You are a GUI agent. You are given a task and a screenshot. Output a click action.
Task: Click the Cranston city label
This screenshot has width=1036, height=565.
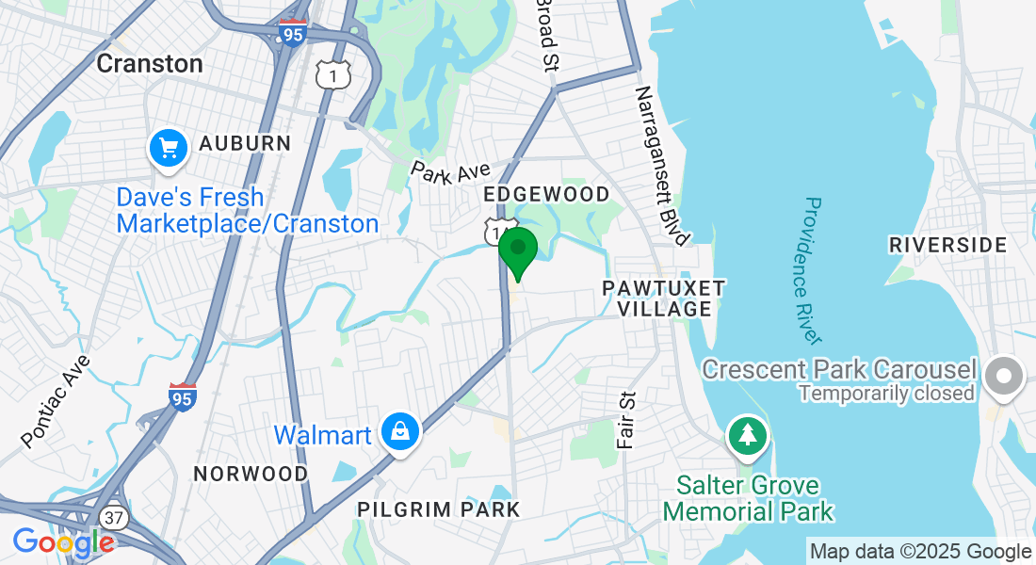[x=151, y=63]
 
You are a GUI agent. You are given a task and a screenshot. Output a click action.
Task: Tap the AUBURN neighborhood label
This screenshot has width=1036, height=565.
[x=245, y=143]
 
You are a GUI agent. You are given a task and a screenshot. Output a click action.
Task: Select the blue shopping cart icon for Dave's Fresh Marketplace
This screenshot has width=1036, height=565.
[x=169, y=149]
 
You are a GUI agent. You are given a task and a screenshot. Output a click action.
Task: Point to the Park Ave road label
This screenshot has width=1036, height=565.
[x=450, y=172]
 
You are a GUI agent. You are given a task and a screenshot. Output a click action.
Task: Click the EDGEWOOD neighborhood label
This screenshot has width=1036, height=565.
[x=545, y=194]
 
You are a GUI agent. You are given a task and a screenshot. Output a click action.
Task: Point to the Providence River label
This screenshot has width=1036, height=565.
[x=813, y=269]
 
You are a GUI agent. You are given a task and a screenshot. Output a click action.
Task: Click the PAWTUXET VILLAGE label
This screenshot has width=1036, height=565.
[x=664, y=299]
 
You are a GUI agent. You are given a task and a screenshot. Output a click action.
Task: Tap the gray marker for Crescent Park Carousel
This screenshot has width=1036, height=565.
[x=1004, y=377]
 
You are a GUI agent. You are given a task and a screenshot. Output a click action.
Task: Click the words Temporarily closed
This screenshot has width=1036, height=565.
[x=886, y=393]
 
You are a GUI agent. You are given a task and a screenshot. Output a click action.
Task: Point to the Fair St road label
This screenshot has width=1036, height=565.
[x=626, y=419]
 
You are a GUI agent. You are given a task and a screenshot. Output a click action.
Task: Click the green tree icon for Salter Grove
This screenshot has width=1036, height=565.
[x=748, y=435]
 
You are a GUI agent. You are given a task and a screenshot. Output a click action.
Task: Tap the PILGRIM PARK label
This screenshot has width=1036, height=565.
[x=438, y=509]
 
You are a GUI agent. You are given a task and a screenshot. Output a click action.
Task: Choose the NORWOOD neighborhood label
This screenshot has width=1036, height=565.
[x=251, y=473]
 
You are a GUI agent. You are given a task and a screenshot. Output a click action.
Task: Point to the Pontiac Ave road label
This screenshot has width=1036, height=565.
[x=56, y=400]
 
